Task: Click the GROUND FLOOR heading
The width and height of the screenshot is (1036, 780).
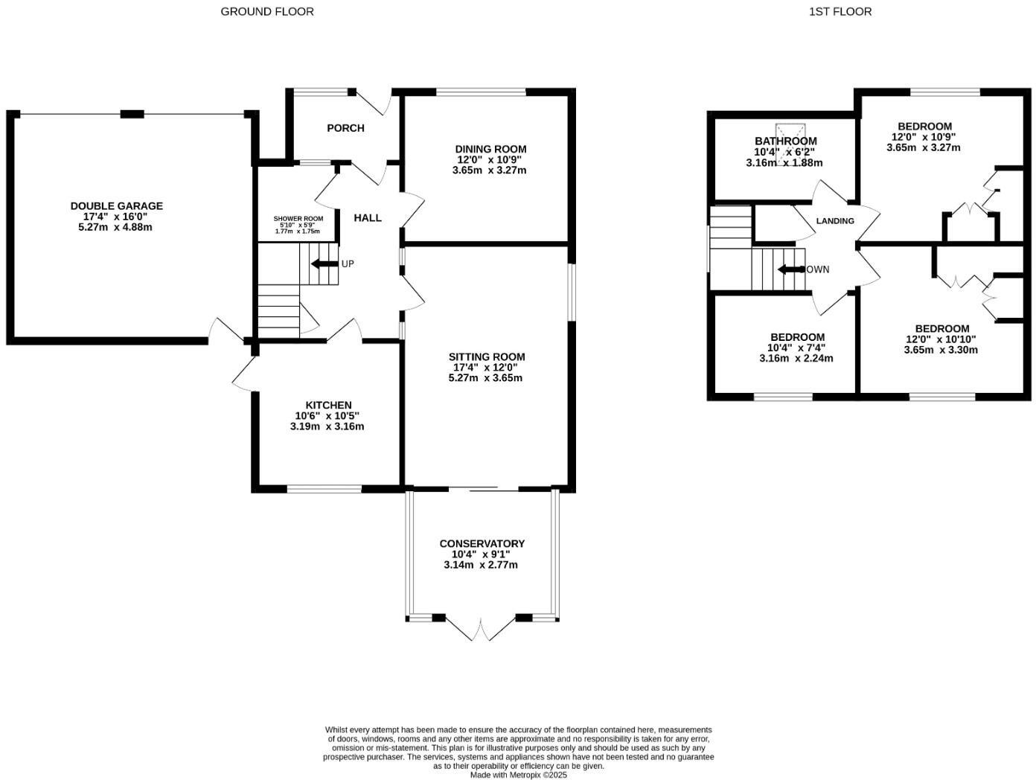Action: coord(267,11)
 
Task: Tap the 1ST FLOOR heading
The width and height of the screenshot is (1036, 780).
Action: coord(840,11)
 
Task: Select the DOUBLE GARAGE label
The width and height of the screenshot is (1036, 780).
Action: coord(116,206)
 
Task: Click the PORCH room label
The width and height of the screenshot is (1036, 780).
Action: coord(345,128)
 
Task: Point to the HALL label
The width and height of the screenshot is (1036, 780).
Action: coord(367,217)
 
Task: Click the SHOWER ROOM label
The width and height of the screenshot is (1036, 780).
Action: coord(298,219)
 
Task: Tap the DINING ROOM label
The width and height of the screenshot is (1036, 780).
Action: coord(490,149)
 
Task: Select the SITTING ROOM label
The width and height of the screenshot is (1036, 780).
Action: coord(486,357)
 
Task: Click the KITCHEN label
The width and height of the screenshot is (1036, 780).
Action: coord(327,405)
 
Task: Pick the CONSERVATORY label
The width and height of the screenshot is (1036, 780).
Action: coord(482,543)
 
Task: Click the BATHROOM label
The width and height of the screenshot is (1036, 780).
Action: coord(785,141)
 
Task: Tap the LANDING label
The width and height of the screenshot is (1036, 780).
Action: coord(835,221)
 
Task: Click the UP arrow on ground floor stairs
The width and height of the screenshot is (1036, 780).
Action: coord(324,263)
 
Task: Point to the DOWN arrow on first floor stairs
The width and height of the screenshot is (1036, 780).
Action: coord(791,269)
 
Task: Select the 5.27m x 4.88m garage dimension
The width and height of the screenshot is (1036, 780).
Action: coord(115,227)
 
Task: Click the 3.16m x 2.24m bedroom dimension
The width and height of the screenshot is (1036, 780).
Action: coord(796,358)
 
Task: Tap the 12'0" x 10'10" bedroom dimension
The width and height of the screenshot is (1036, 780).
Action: coord(941,339)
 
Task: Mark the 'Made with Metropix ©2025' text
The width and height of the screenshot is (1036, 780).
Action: coord(518,775)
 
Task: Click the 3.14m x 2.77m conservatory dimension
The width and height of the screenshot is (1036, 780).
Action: coord(481,565)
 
